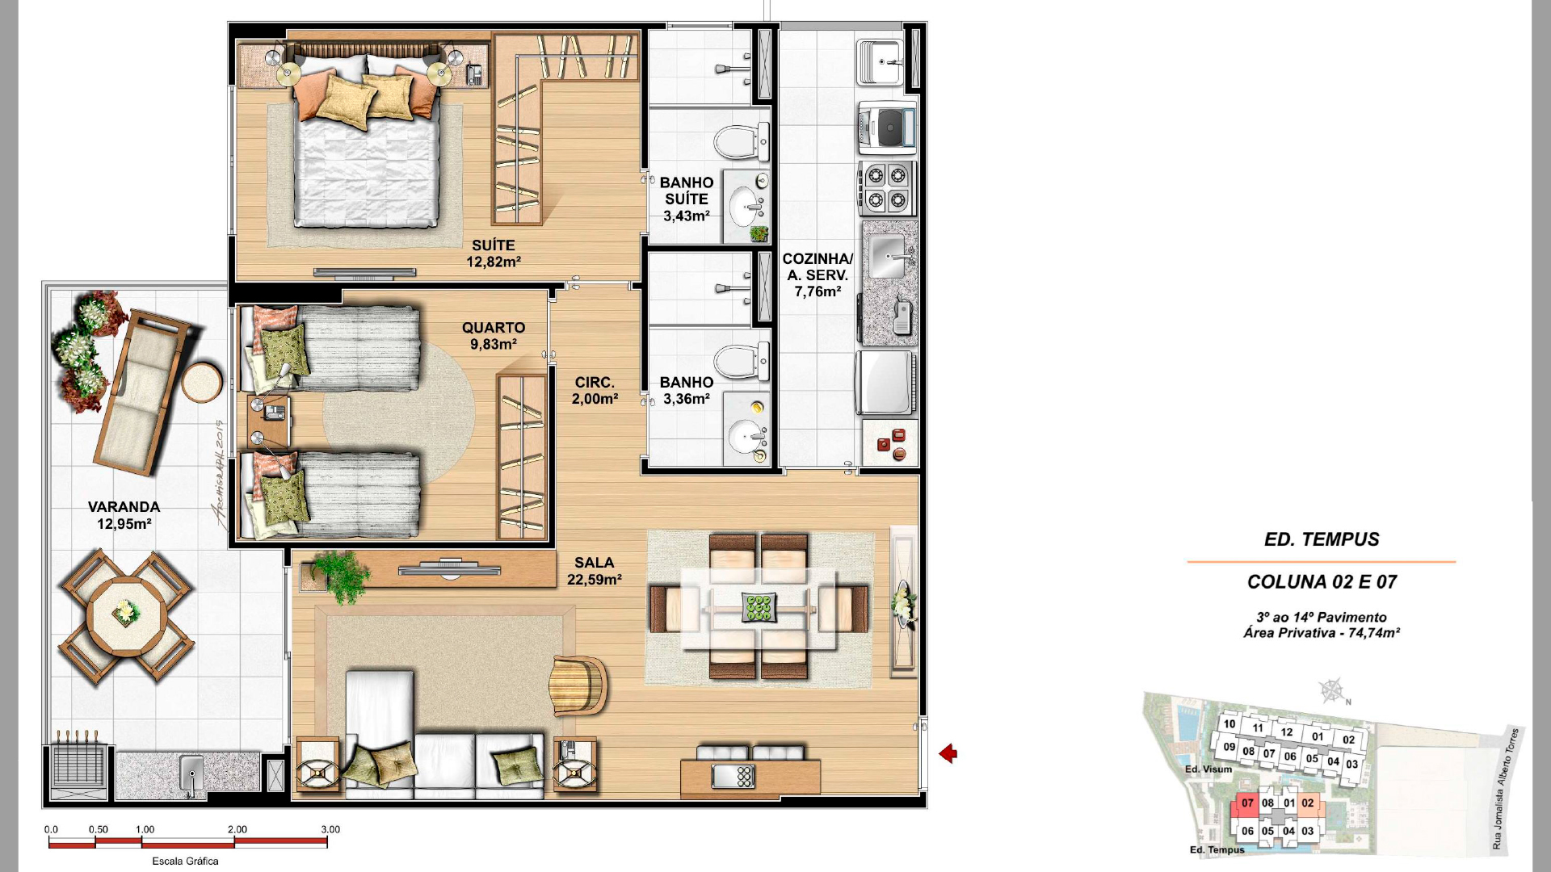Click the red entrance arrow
tap(948, 753)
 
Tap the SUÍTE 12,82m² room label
tap(494, 254)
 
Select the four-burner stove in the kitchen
tap(887, 188)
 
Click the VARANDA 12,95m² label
tap(124, 515)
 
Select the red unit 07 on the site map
tap(1247, 804)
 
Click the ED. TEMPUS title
tap(1322, 539)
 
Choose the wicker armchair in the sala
tap(578, 685)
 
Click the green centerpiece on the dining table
tap(759, 607)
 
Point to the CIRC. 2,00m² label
tap(595, 391)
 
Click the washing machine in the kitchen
tap(887, 128)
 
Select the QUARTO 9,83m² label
tap(494, 336)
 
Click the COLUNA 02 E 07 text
tap(1322, 582)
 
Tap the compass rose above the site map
tap(1332, 691)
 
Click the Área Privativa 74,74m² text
tap(1322, 633)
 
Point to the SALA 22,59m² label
tap(595, 571)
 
